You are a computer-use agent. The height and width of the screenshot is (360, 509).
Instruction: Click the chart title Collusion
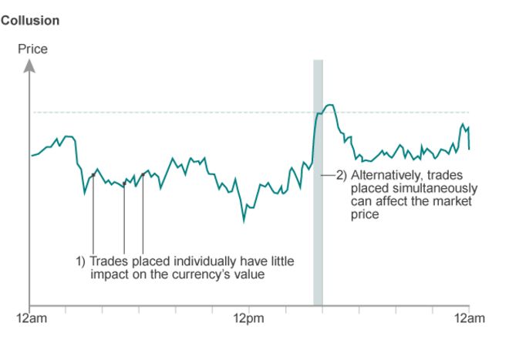(x=30, y=21)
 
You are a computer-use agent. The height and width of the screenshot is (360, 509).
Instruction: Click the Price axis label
(x=32, y=49)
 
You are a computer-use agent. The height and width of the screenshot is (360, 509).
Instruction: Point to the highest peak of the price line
(x=329, y=105)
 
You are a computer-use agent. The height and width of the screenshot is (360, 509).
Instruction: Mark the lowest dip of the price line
(x=244, y=221)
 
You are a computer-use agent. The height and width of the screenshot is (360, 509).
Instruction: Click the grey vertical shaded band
(x=318, y=231)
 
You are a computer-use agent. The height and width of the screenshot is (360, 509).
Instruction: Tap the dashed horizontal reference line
(x=193, y=113)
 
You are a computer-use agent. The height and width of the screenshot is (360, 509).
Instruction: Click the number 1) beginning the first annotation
(x=80, y=262)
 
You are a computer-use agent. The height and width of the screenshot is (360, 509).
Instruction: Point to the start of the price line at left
(x=31, y=156)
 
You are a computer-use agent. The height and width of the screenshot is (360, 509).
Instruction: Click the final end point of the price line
(x=469, y=149)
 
